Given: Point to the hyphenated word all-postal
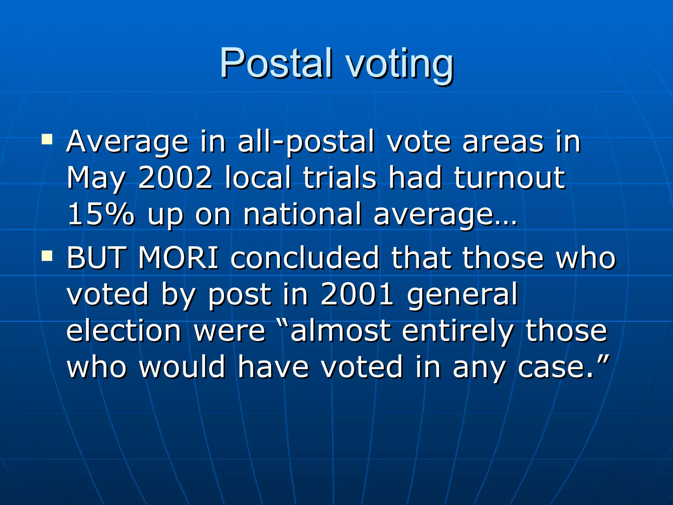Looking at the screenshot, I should pos(306,142).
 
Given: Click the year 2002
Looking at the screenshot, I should pos(175,178).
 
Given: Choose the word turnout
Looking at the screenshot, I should pos(510,178).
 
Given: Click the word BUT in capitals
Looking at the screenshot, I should pos(97,258).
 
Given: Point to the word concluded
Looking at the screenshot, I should pos(305,258).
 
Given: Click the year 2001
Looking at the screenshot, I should pos(357,294).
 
